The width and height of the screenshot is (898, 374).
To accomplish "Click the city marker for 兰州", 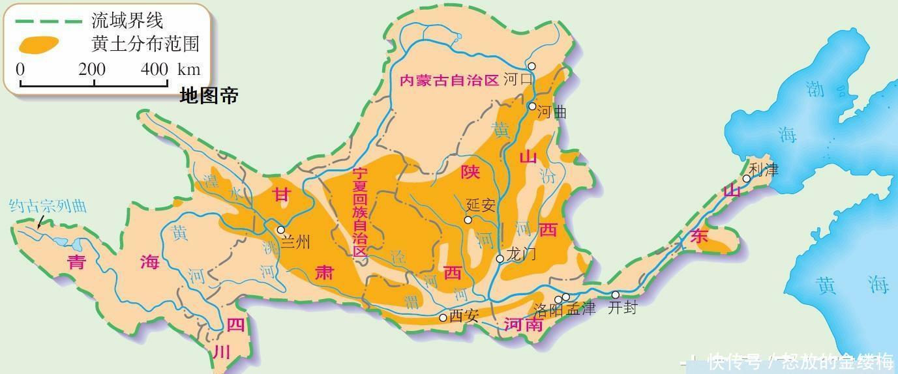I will pyautogui.click(x=281, y=229).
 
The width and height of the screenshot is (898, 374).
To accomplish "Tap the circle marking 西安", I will pyautogui.click(x=443, y=318).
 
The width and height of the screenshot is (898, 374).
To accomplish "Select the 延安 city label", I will pyautogui.click(x=481, y=205).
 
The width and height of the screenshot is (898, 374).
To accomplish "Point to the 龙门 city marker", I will pyautogui.click(x=500, y=259).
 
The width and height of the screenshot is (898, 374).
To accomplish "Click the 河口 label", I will pyautogui.click(x=518, y=80).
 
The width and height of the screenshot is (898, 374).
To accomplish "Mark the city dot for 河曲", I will pyautogui.click(x=532, y=106).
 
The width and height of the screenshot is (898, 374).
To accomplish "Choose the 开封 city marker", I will pyautogui.click(x=615, y=295).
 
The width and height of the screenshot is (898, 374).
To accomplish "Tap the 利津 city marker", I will pyautogui.click(x=747, y=179).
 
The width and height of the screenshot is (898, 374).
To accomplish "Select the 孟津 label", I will pyautogui.click(x=581, y=309).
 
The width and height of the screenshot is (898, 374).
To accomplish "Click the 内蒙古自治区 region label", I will pyautogui.click(x=449, y=81).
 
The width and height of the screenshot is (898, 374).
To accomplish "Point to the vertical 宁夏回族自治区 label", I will pyautogui.click(x=360, y=212).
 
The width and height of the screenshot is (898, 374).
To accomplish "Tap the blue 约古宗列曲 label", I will pyautogui.click(x=48, y=206).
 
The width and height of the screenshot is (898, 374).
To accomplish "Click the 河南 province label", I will pyautogui.click(x=524, y=324).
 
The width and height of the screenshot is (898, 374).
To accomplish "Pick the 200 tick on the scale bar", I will pyautogui.click(x=92, y=70).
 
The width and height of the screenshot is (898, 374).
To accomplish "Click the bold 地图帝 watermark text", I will pyautogui.click(x=209, y=96).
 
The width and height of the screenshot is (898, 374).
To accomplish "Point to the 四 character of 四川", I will pyautogui.click(x=235, y=324).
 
